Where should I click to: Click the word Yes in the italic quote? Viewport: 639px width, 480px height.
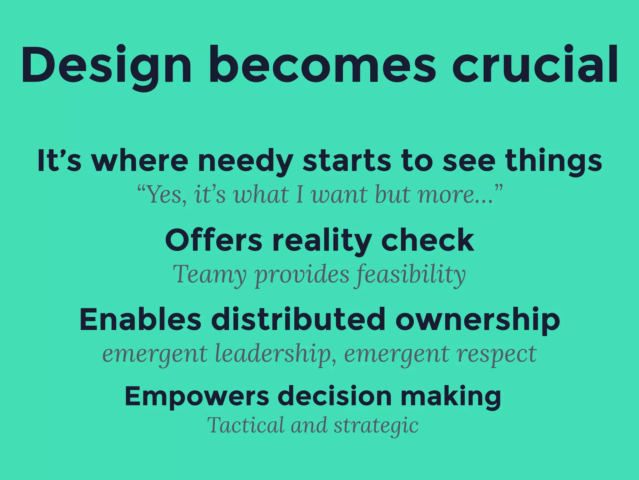pos(164,195)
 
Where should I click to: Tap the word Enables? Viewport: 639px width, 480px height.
pos(140,319)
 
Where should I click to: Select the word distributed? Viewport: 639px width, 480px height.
pos(298,319)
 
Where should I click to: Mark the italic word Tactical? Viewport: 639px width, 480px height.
pos(246,425)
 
